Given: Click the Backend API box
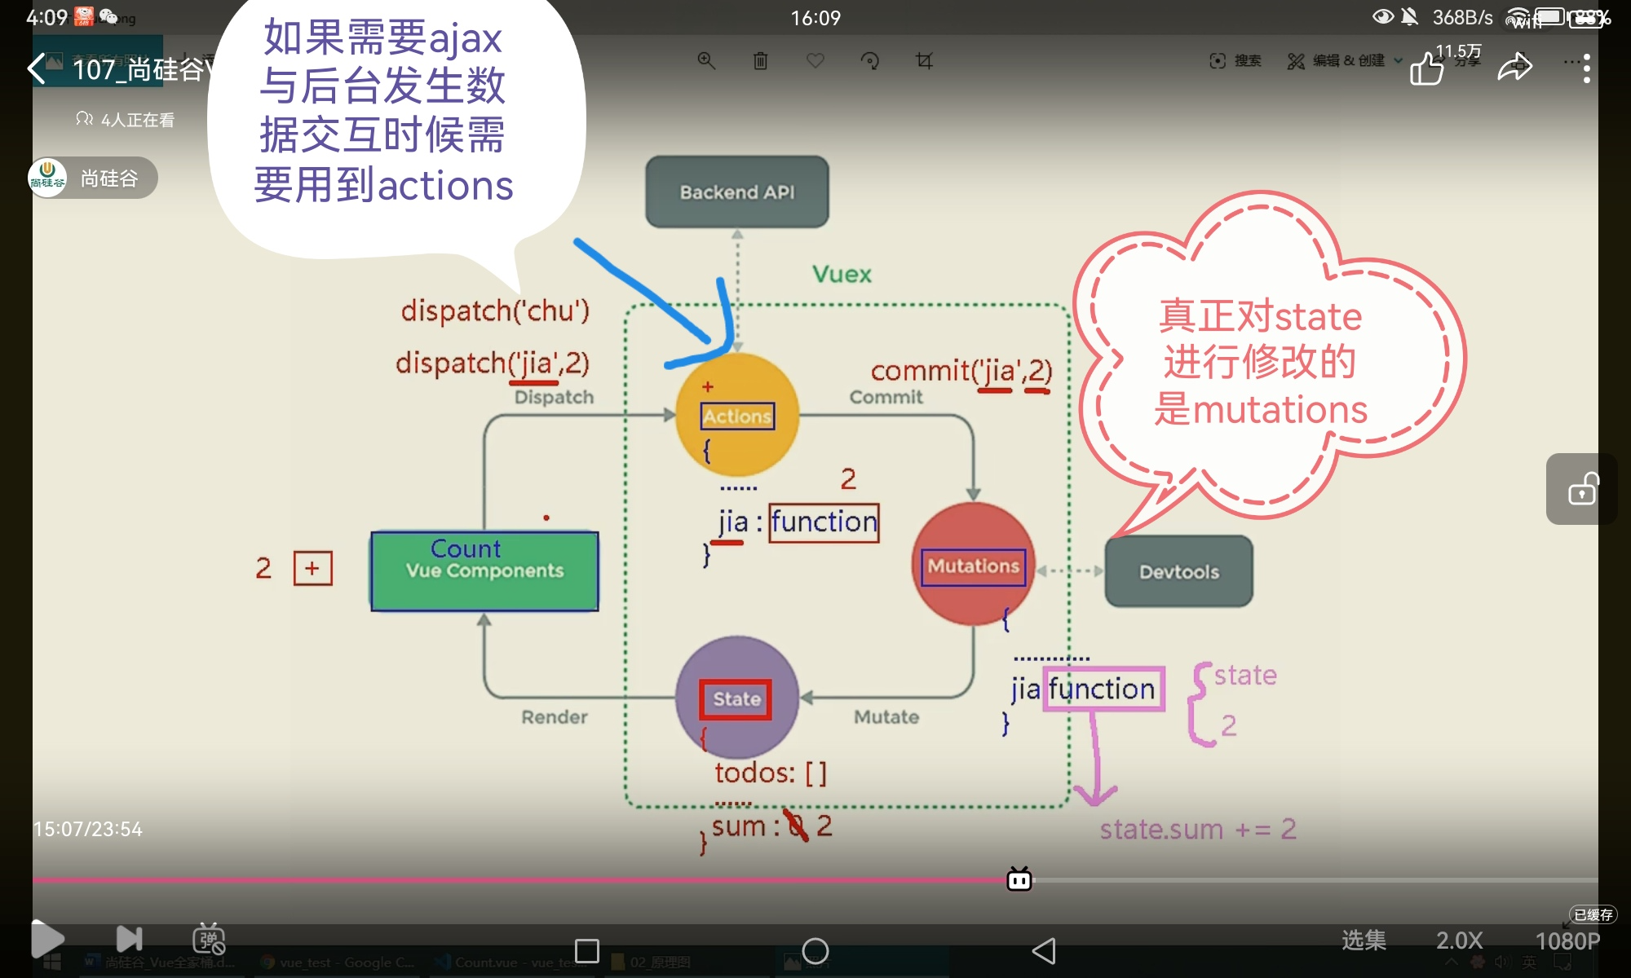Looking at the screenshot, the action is tap(736, 192).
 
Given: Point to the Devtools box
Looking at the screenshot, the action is tap(1178, 571).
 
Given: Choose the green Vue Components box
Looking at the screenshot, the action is tap(484, 570).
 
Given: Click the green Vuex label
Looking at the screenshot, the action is tap(842, 274).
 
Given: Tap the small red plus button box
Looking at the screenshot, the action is tap(312, 568).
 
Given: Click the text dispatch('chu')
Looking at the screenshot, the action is tap(494, 311).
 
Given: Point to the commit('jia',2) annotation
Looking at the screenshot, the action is tap(961, 372).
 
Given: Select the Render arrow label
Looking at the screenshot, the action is tap(555, 717).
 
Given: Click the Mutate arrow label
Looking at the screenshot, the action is tap(886, 717).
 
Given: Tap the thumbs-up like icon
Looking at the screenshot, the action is tap(1427, 68).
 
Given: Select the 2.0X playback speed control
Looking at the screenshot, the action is tap(1459, 941).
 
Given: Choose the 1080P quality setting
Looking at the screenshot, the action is tap(1567, 941).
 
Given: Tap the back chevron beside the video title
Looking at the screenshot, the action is tap(37, 68).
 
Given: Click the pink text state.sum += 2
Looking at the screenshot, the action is tap(1197, 830).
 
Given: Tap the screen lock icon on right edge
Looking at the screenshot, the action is tap(1582, 489).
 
